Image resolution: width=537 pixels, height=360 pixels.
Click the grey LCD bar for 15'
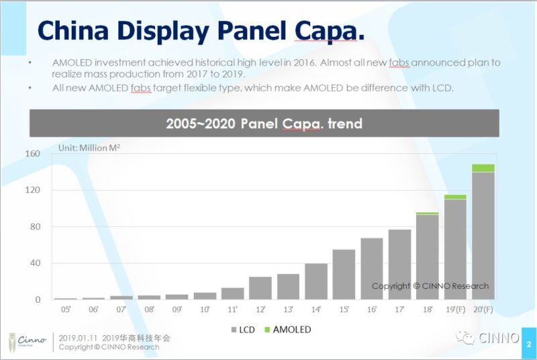pos(344,274)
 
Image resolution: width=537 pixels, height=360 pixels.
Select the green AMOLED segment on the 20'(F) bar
pos(483,168)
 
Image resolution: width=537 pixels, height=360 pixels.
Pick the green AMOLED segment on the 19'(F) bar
pos(455,197)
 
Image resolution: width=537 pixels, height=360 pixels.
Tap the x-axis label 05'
pos(65,310)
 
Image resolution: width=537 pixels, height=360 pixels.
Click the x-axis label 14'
pos(316,310)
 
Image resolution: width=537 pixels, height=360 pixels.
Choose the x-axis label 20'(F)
pos(483,310)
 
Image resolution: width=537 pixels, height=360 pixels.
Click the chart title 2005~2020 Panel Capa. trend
pos(264,124)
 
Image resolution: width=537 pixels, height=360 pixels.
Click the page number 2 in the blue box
pos(529,344)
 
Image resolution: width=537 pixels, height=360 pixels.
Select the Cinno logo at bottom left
pos(26,341)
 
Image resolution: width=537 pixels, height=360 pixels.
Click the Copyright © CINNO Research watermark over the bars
pos(430,286)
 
